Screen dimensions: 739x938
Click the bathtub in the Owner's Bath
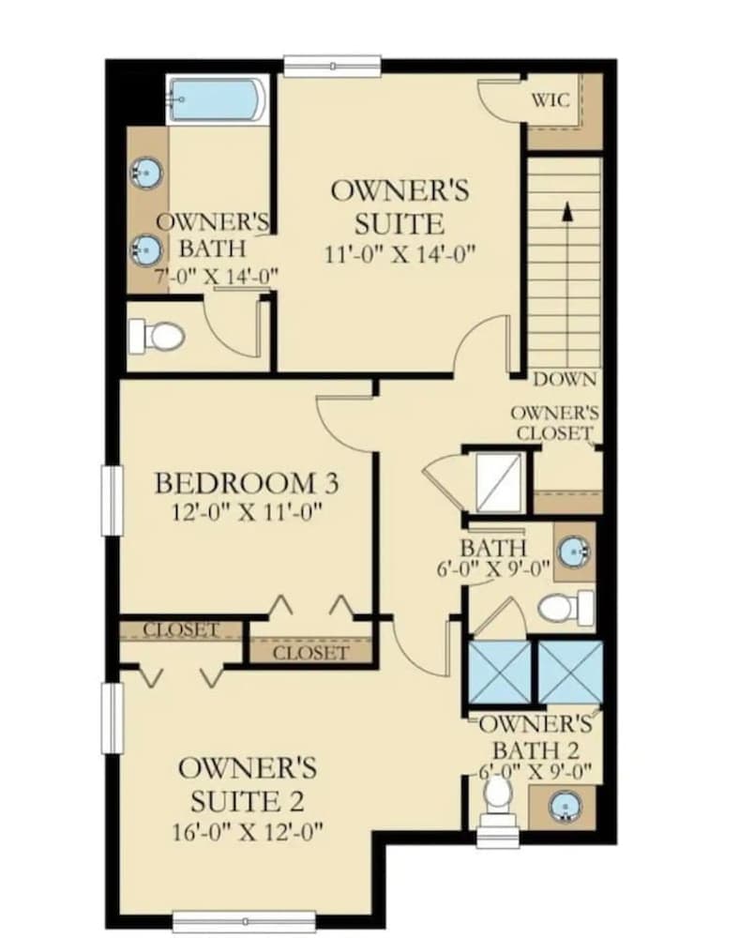217,100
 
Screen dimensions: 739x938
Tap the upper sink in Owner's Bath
146,174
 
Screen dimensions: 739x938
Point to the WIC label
550,100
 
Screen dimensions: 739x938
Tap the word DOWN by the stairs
565,379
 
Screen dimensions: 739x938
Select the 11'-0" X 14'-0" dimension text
400,254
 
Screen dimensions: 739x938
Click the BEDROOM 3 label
247,483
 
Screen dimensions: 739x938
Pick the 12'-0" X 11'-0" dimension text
247,512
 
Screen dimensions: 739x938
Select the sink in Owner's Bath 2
565,805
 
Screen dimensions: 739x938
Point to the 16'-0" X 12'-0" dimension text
248,832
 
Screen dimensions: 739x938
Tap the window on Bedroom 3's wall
112,500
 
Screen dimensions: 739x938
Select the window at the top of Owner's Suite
332,67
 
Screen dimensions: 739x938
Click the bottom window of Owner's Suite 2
245,921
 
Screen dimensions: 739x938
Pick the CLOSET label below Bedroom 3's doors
310,653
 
